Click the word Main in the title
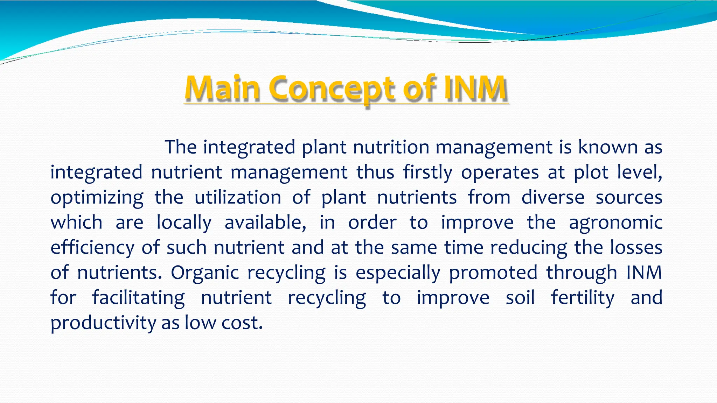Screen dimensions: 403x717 [222, 88]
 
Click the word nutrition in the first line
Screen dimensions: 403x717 [391, 147]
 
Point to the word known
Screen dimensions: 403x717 [607, 147]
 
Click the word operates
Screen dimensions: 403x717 [500, 172]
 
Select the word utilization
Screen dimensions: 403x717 [238, 197]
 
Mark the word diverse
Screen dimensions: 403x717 [553, 197]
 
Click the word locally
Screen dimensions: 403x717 [184, 223]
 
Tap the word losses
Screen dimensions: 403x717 [636, 247]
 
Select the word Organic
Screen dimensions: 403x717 [205, 273]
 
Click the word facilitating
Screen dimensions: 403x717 [138, 298]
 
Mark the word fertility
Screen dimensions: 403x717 [583, 298]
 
